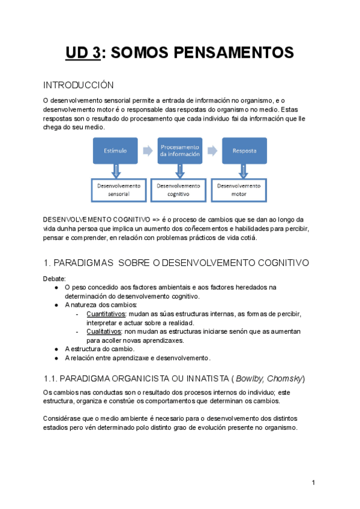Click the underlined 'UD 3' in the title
pyautogui.click(x=83, y=53)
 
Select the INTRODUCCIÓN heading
pyautogui.click(x=78, y=85)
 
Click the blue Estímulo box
pyautogui.click(x=115, y=151)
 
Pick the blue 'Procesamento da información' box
pyautogui.click(x=179, y=151)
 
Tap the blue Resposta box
pyautogui.click(x=244, y=151)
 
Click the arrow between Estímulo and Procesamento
pyautogui.click(x=147, y=150)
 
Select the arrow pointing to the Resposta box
pyautogui.click(x=212, y=150)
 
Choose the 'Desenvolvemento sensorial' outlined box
pyautogui.click(x=118, y=190)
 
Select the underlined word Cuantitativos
pyautogui.click(x=106, y=314)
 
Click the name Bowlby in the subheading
pyautogui.click(x=250, y=379)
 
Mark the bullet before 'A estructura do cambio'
pyautogui.click(x=56, y=349)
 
